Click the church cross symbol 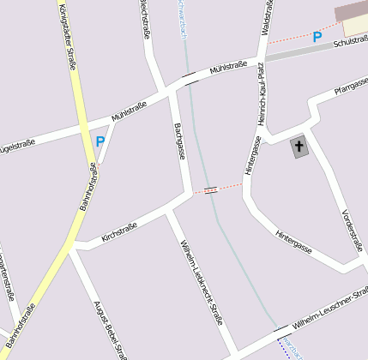pyautogui.click(x=299, y=147)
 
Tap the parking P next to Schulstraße pyautogui.click(x=317, y=37)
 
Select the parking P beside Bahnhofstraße pyautogui.click(x=100, y=141)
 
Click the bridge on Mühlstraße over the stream pyautogui.click(x=190, y=81)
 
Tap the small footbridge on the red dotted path pyautogui.click(x=211, y=189)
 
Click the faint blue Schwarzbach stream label pyautogui.click(x=182, y=17)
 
